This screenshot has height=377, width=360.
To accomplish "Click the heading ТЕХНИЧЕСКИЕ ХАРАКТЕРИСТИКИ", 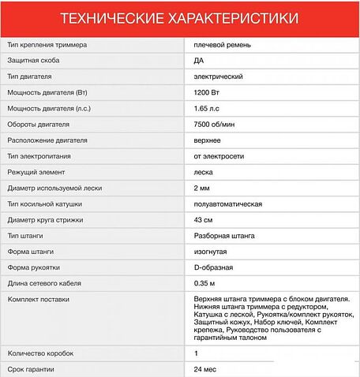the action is point(180,17).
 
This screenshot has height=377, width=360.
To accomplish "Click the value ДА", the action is point(198,60).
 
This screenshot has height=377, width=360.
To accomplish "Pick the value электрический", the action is point(218,76).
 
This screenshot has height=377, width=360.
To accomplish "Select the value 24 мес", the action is point(205,369).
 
